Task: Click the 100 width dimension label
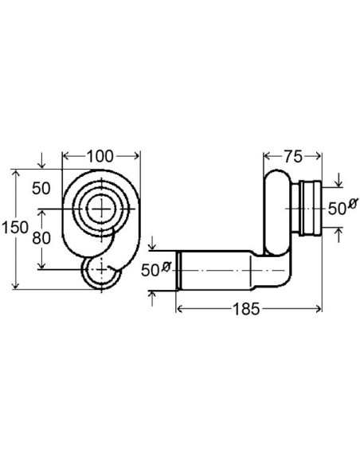(100, 156)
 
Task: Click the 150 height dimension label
(15, 228)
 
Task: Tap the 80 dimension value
(41, 238)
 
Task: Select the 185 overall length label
(246, 309)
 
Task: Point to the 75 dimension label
(293, 157)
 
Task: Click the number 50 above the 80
(41, 189)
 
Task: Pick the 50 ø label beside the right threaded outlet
(342, 208)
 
